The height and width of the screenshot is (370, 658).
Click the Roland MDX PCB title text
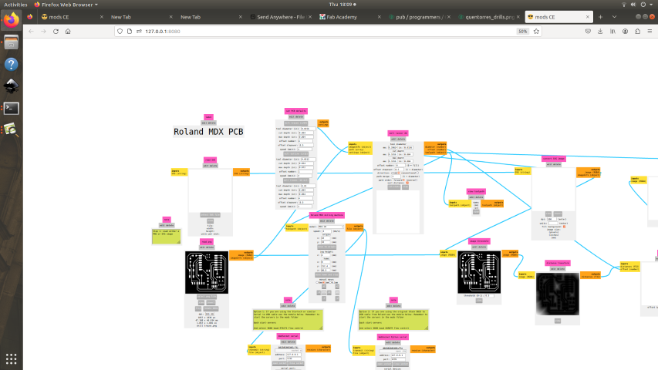tap(208, 132)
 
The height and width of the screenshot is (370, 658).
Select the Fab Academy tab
tap(346, 16)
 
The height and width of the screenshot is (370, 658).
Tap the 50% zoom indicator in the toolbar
tap(522, 31)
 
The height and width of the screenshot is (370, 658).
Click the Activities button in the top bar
tap(15, 5)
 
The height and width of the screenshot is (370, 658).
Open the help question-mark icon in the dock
tap(11, 64)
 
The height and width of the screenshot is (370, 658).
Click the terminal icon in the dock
tap(11, 108)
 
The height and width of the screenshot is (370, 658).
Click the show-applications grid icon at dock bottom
tap(11, 358)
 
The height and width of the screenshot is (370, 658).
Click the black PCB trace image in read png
tap(208, 272)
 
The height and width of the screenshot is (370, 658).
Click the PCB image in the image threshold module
tap(480, 272)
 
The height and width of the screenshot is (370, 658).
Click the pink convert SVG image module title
tap(552, 157)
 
